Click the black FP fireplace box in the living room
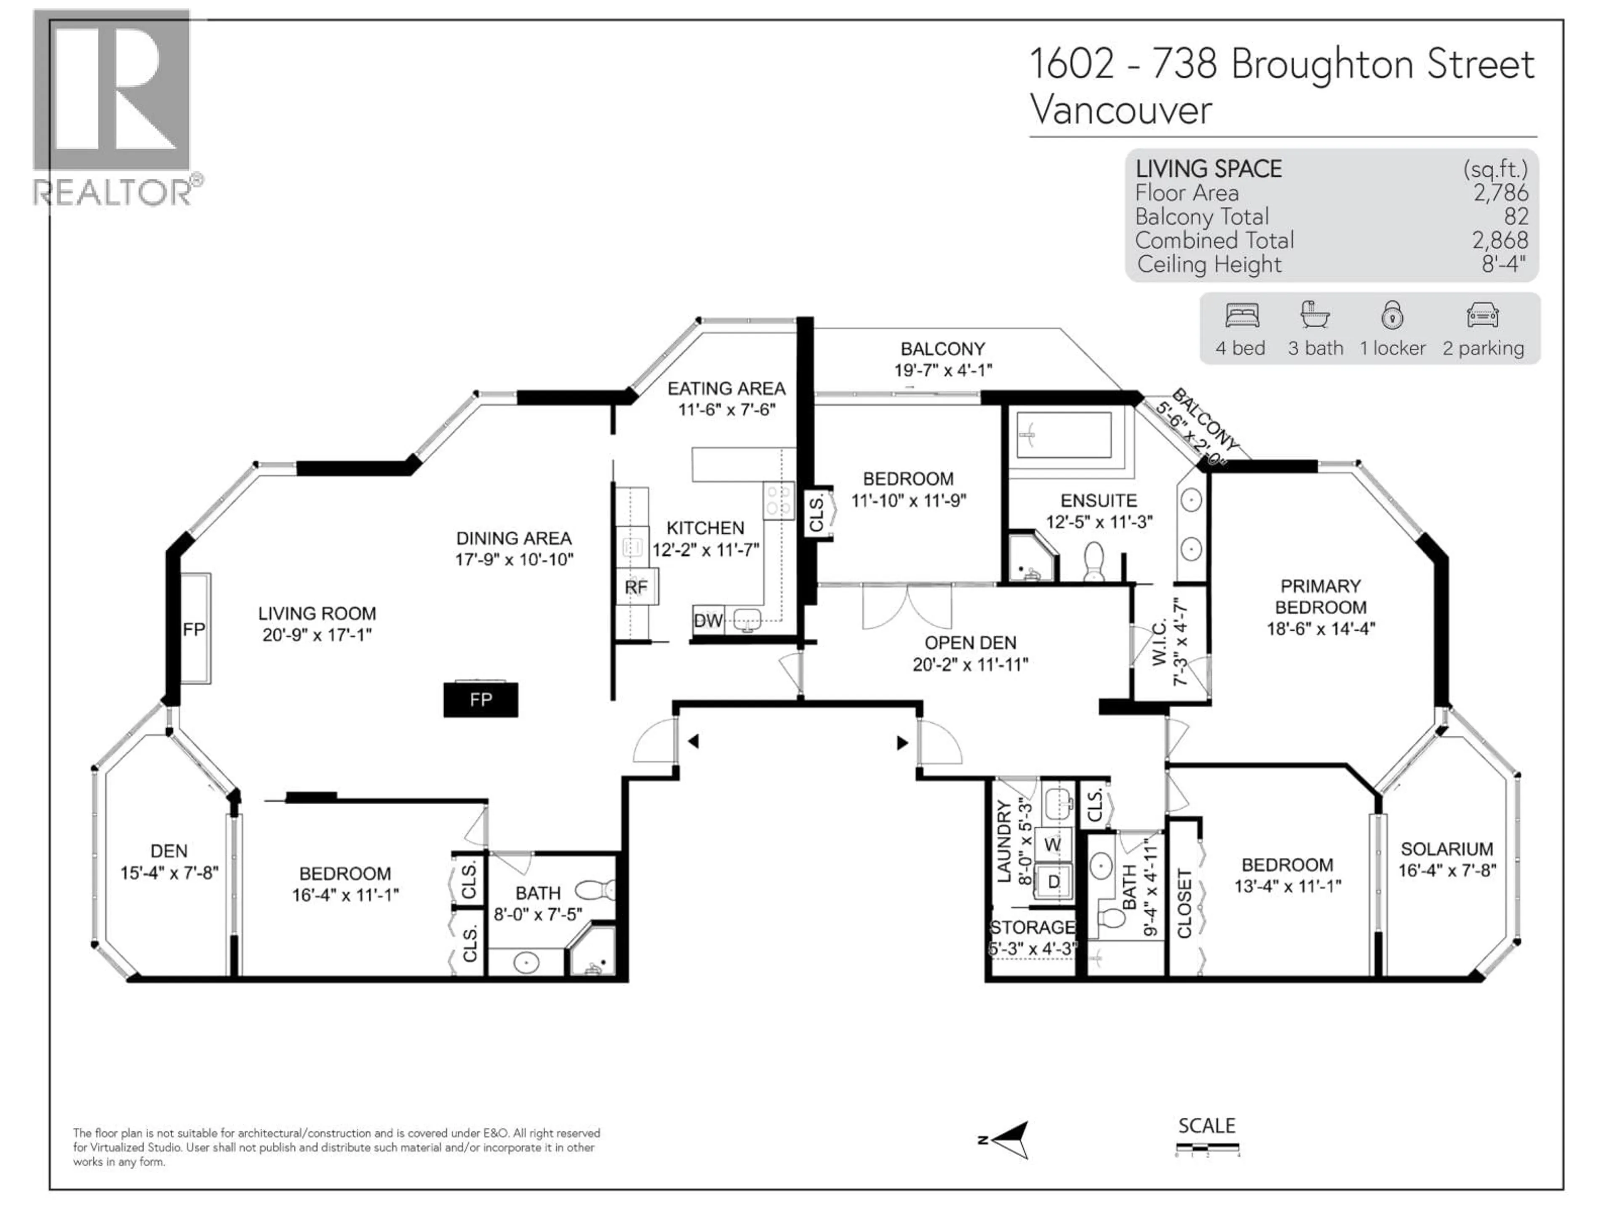[480, 700]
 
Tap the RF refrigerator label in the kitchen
[636, 587]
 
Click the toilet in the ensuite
[1094, 561]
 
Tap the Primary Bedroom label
[1320, 597]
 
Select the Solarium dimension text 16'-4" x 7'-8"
[1447, 871]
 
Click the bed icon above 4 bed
[1241, 316]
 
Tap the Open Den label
[970, 643]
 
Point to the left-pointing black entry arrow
[693, 741]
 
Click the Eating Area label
[726, 388]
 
